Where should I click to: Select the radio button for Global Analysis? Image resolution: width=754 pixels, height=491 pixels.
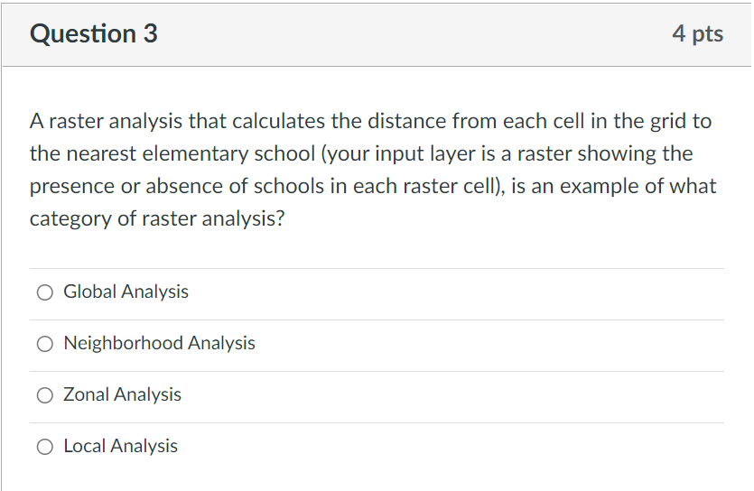click(x=44, y=292)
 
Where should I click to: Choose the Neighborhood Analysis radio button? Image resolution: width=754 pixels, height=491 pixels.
click(x=44, y=343)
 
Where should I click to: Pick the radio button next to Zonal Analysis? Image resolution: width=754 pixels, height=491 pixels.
click(x=44, y=394)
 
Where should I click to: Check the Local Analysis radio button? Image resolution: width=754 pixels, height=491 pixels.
click(x=44, y=446)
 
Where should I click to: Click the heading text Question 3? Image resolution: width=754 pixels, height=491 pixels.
click(x=93, y=33)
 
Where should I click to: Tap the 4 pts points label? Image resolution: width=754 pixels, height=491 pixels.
click(x=697, y=33)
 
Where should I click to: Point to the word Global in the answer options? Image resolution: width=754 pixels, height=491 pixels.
click(x=89, y=292)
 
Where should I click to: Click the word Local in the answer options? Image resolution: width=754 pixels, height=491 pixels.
click(x=85, y=446)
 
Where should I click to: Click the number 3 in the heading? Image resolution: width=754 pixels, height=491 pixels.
click(x=149, y=33)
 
